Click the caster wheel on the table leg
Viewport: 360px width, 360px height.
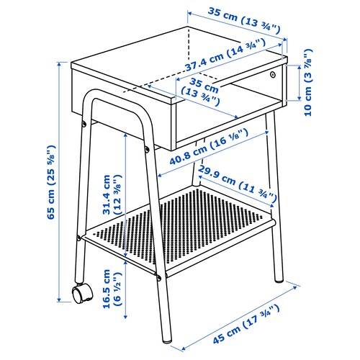[81, 293]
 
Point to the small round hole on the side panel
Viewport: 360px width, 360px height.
[273, 74]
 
